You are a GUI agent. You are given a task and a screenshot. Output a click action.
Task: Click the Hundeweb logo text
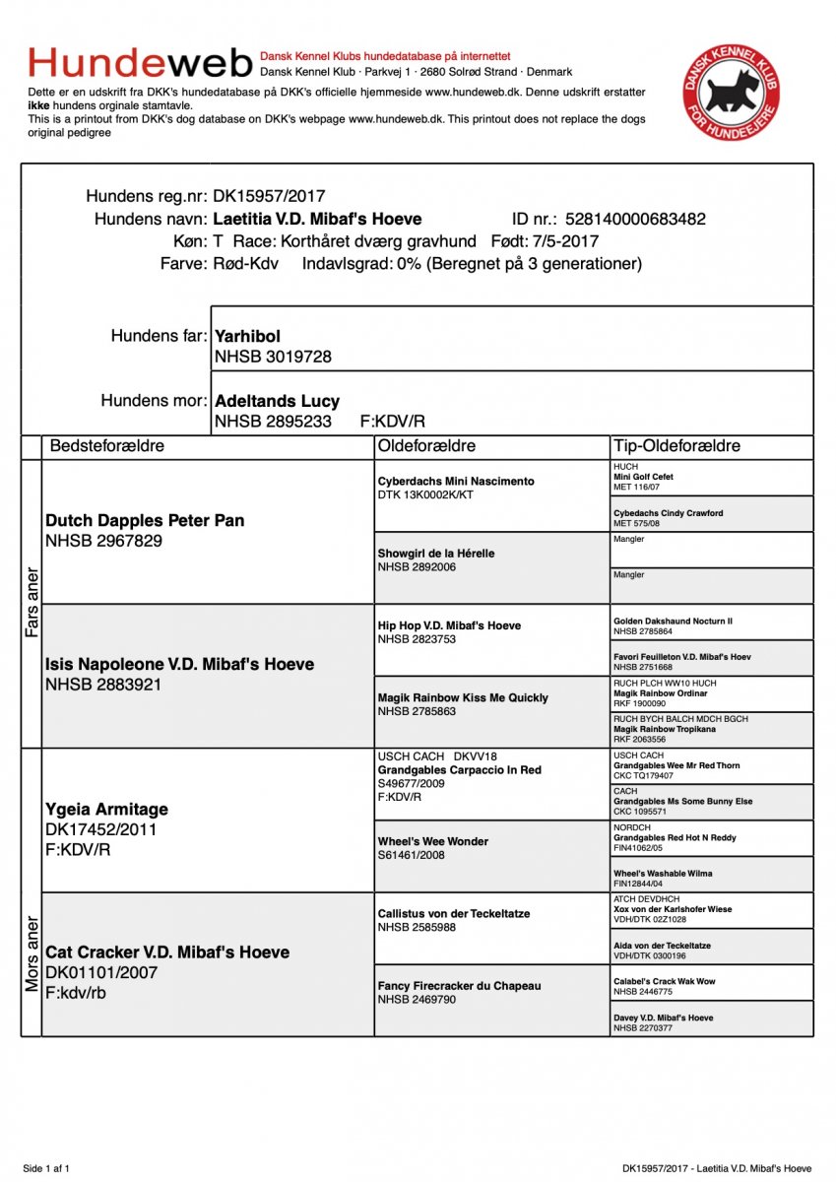pos(140,63)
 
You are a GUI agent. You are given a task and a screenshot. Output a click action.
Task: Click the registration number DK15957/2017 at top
pos(269,197)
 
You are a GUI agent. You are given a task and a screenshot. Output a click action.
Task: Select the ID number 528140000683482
pos(635,220)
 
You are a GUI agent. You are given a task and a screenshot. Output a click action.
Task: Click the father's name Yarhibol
pos(247,337)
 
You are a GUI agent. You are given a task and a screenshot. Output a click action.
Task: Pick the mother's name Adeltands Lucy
pos(277,401)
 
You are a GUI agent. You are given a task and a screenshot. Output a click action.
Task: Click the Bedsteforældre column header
pos(107,446)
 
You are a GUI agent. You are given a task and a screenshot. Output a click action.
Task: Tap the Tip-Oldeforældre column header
pos(675,446)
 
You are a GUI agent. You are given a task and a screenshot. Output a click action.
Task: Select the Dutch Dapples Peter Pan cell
pos(145,521)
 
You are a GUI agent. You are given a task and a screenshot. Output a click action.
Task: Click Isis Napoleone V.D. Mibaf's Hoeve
pos(179,665)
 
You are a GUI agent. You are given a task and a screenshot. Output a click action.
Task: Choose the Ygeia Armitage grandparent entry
pos(106,810)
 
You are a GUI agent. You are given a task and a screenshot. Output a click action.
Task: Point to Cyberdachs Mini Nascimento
pos(456,482)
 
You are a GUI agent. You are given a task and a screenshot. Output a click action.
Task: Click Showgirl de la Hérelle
pos(436,554)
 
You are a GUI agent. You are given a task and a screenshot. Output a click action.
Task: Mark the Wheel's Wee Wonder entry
pos(432,842)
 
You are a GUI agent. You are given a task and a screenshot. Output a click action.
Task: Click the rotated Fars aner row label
pos(32,602)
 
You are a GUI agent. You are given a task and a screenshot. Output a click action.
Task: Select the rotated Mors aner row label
pos(32,953)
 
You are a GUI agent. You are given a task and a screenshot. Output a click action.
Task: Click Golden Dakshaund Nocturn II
pos(673,622)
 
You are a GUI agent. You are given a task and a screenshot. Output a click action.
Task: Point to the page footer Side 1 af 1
pos(46,1168)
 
